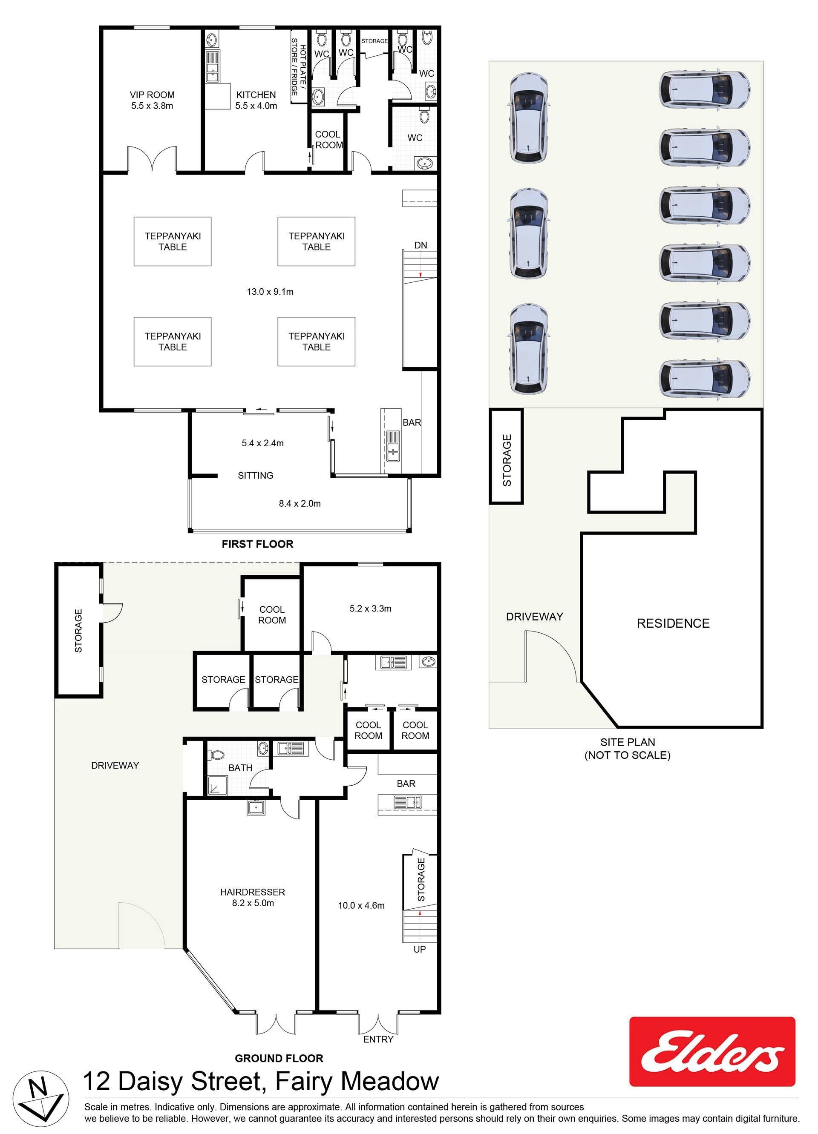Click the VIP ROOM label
(x=152, y=95)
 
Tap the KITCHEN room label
(x=256, y=95)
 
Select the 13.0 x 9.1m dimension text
(x=270, y=292)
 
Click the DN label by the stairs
(x=421, y=245)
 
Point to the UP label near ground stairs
(x=420, y=949)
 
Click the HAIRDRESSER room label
(x=253, y=892)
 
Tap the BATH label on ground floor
(x=240, y=767)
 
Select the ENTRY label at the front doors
(x=378, y=1039)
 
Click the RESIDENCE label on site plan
(x=673, y=623)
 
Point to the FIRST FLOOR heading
(x=258, y=544)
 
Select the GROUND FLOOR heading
(x=279, y=1058)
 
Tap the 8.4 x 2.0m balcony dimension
(x=300, y=503)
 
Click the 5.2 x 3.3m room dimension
(x=371, y=609)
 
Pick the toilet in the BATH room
(x=216, y=755)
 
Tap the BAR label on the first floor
(x=412, y=422)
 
